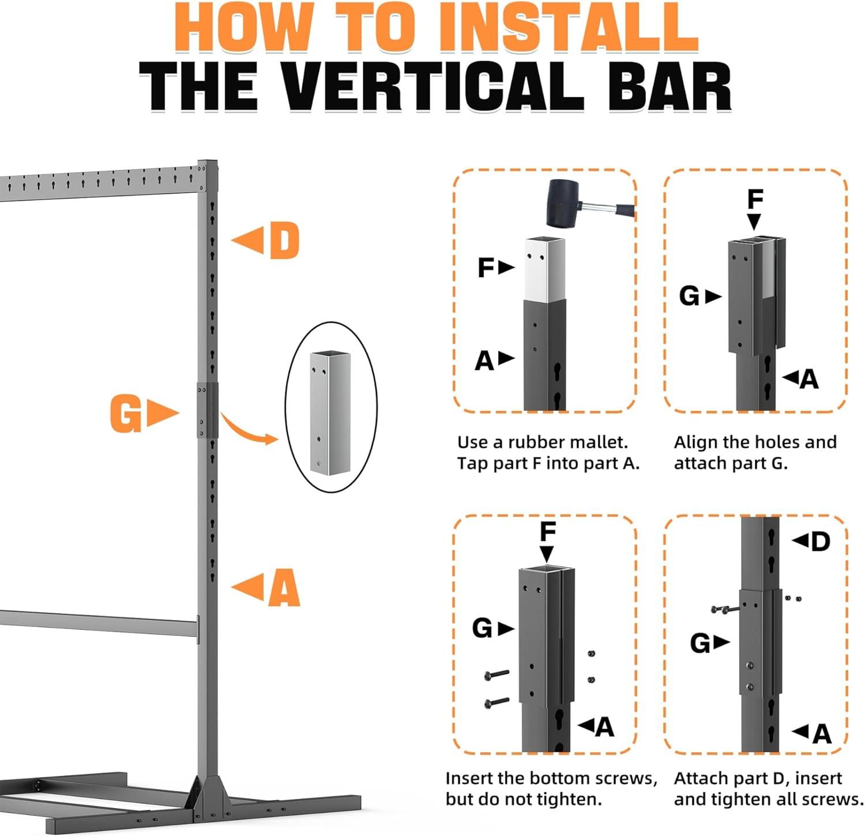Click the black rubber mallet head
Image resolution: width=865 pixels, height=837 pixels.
(x=563, y=203)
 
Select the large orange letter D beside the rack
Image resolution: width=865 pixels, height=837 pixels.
(x=284, y=241)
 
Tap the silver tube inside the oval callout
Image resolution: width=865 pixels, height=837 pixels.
(x=330, y=412)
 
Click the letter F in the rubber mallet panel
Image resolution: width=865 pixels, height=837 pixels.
(x=486, y=268)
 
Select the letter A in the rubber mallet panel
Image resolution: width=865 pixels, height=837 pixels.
(x=485, y=361)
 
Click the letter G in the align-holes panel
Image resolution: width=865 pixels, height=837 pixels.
(x=690, y=296)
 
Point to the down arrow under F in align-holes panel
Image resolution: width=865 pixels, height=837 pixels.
(x=754, y=222)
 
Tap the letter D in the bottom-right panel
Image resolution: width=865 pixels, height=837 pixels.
(x=820, y=542)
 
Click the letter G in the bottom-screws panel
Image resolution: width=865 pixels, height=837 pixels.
(x=482, y=628)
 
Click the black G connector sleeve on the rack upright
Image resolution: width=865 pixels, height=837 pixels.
(x=208, y=410)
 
